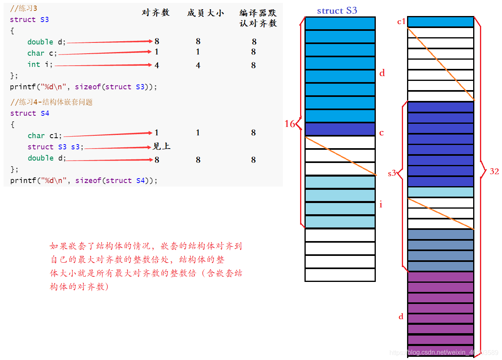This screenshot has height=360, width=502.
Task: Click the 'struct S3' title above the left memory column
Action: coord(337,11)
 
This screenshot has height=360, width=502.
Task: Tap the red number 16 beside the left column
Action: coord(290,124)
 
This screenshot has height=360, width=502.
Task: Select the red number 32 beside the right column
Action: coord(494,171)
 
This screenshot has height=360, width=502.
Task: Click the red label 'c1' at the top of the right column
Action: coord(401,22)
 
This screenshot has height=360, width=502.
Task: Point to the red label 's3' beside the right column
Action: coord(392,173)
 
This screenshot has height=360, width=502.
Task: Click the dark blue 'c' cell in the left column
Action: coord(340,129)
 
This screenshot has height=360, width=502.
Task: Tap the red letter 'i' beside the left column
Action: coord(381,205)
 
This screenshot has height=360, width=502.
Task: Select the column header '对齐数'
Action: coord(156,13)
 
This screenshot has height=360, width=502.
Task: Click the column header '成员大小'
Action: coord(205,13)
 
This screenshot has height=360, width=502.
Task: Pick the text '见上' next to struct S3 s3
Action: coord(161,146)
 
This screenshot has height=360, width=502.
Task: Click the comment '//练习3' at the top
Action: coord(24,8)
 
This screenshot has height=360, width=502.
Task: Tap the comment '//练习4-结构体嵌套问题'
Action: coord(51,102)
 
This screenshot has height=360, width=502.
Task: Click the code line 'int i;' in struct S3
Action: coord(40,64)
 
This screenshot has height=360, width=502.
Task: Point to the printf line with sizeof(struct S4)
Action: coord(84,181)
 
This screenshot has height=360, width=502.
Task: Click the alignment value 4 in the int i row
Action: coord(157,65)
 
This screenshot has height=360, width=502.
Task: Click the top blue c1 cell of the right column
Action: coord(440,22)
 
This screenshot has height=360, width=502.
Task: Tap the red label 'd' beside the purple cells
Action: coord(401,317)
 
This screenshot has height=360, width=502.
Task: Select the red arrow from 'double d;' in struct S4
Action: coord(110,160)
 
